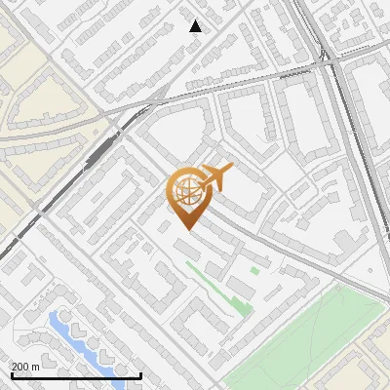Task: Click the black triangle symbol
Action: pyautogui.click(x=196, y=26)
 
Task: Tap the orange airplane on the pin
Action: pyautogui.click(x=215, y=176)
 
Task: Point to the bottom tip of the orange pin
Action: pyautogui.click(x=187, y=230)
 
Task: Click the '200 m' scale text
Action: pyautogui.click(x=25, y=367)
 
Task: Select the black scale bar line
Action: pyautogui.click(x=76, y=375)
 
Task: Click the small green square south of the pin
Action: pyautogui.click(x=254, y=270)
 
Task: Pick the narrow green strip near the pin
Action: pyautogui.click(x=214, y=288)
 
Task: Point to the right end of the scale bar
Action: pyautogui.click(x=141, y=375)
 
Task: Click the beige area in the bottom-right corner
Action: pyautogui.click(x=375, y=366)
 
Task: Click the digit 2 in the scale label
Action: pyautogui.click(x=15, y=367)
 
